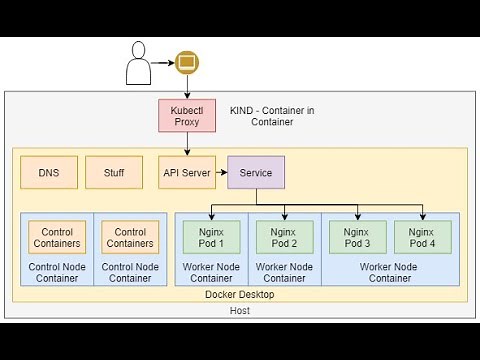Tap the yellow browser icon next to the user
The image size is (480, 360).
186,63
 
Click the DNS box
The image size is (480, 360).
49,173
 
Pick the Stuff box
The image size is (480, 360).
114,173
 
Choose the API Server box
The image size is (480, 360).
187,173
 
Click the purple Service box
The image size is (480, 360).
256,173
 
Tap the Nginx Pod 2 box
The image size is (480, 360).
283,237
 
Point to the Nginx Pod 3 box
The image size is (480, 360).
357,237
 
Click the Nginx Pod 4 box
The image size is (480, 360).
422,237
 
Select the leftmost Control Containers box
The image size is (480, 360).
56,237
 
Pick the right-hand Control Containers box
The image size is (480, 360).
130,237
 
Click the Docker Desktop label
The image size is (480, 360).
239,293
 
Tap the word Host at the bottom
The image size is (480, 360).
240,311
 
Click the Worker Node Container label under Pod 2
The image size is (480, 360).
283,272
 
